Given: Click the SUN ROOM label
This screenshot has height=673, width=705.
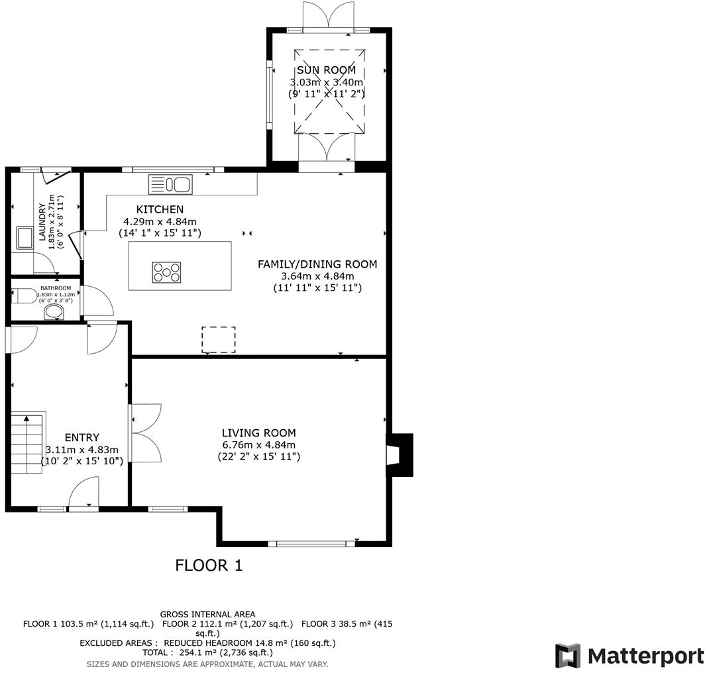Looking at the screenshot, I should click(x=326, y=70).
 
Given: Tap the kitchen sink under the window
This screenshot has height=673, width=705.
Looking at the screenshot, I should click(x=170, y=184).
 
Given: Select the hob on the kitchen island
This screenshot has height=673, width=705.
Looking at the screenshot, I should click(x=166, y=271).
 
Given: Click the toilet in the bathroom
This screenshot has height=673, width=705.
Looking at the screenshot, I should click(x=26, y=295).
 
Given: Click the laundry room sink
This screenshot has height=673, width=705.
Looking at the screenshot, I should click(x=25, y=238).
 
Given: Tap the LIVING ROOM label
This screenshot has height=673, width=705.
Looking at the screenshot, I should click(x=258, y=433).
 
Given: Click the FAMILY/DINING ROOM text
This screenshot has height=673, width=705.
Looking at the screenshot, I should click(x=317, y=264).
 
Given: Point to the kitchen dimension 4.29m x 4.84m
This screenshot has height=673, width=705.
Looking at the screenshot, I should click(x=160, y=222).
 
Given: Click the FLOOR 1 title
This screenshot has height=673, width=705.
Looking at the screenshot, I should click(x=209, y=565).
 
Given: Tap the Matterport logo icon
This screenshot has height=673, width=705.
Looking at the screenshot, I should click(x=568, y=656).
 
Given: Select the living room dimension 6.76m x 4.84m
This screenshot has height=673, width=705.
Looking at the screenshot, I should click(x=258, y=445).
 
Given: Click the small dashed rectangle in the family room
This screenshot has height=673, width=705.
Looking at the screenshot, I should click(x=219, y=340).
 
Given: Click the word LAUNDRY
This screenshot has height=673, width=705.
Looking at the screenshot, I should click(x=42, y=226).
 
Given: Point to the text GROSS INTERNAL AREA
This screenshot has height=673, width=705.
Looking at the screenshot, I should click(x=207, y=614).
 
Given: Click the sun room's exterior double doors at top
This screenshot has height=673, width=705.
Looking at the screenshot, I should click(x=329, y=16).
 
